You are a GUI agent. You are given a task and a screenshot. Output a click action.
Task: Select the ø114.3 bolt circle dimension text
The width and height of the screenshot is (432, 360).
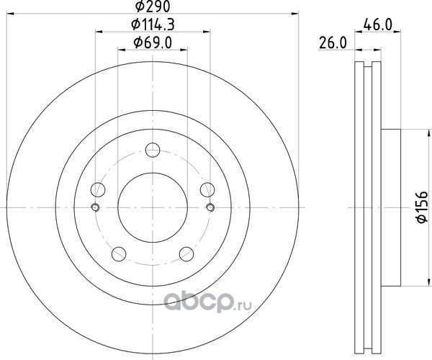[153, 24]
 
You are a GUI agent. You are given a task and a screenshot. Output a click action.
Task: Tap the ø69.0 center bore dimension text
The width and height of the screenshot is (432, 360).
[153, 42]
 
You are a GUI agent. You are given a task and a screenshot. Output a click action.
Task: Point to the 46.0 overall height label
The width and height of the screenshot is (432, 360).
[378, 25]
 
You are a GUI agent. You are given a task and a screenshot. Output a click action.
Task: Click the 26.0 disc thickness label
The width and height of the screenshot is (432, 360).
[333, 43]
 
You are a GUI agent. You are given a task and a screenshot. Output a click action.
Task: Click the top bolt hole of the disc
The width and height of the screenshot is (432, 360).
[153, 150]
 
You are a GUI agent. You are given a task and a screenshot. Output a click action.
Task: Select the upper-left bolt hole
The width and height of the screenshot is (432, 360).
[98, 189]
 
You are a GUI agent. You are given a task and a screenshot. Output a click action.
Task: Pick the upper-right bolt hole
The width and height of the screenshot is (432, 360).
[207, 189]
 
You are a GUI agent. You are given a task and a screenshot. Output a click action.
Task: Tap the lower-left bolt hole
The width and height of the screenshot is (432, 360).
[119, 254]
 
